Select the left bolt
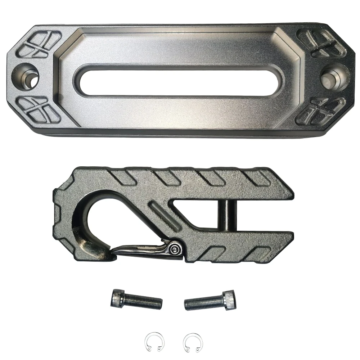pyautogui.click(x=136, y=299)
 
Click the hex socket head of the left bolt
pyautogui.click(x=116, y=297)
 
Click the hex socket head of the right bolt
pyautogui.click(x=230, y=297)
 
